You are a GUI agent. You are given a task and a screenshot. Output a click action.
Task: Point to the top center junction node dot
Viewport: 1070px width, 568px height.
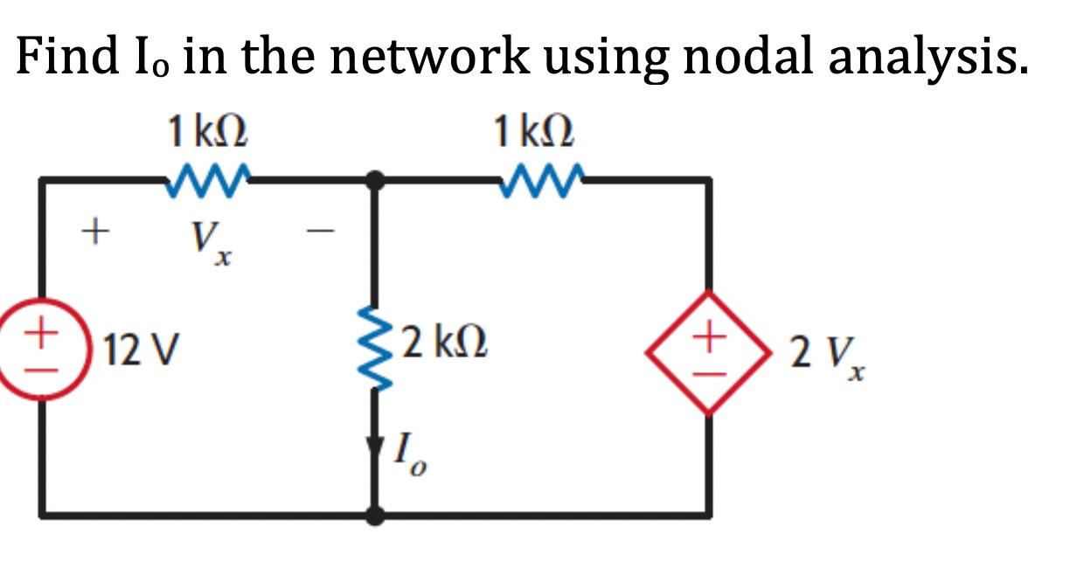[x=376, y=180]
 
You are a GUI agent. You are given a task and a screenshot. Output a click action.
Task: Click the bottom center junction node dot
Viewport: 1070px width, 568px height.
[x=376, y=516]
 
